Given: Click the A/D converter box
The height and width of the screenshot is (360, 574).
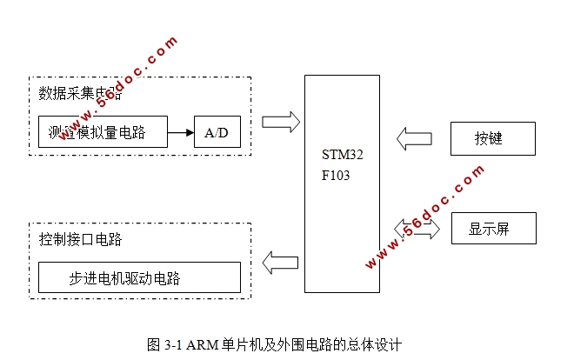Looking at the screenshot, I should click(217, 132).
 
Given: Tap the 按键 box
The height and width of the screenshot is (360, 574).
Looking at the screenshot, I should click(492, 138).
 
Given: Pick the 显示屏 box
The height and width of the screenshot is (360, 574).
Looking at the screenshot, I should click(492, 229).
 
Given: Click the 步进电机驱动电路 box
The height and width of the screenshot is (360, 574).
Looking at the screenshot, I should click(138, 278).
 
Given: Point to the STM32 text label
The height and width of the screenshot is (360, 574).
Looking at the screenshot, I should click(342, 155).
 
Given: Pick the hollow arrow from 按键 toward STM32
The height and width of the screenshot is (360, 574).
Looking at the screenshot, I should click(414, 137).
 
